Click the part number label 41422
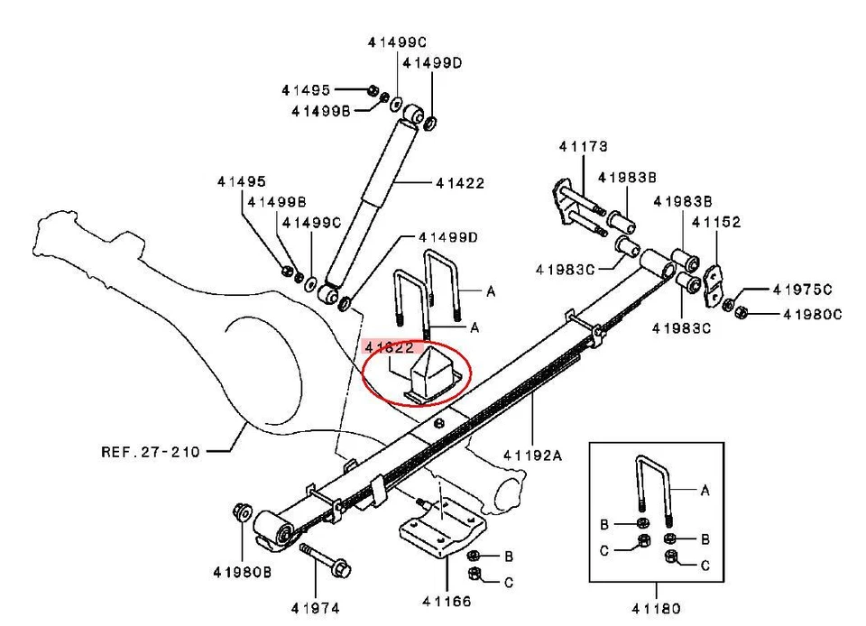point(460,183)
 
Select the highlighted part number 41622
point(389,345)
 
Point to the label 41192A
point(532,456)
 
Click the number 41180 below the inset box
point(657,609)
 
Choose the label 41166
point(447,602)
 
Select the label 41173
point(583,146)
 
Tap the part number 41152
point(716,222)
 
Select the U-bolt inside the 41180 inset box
point(652,492)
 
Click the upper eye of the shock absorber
point(413,115)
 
